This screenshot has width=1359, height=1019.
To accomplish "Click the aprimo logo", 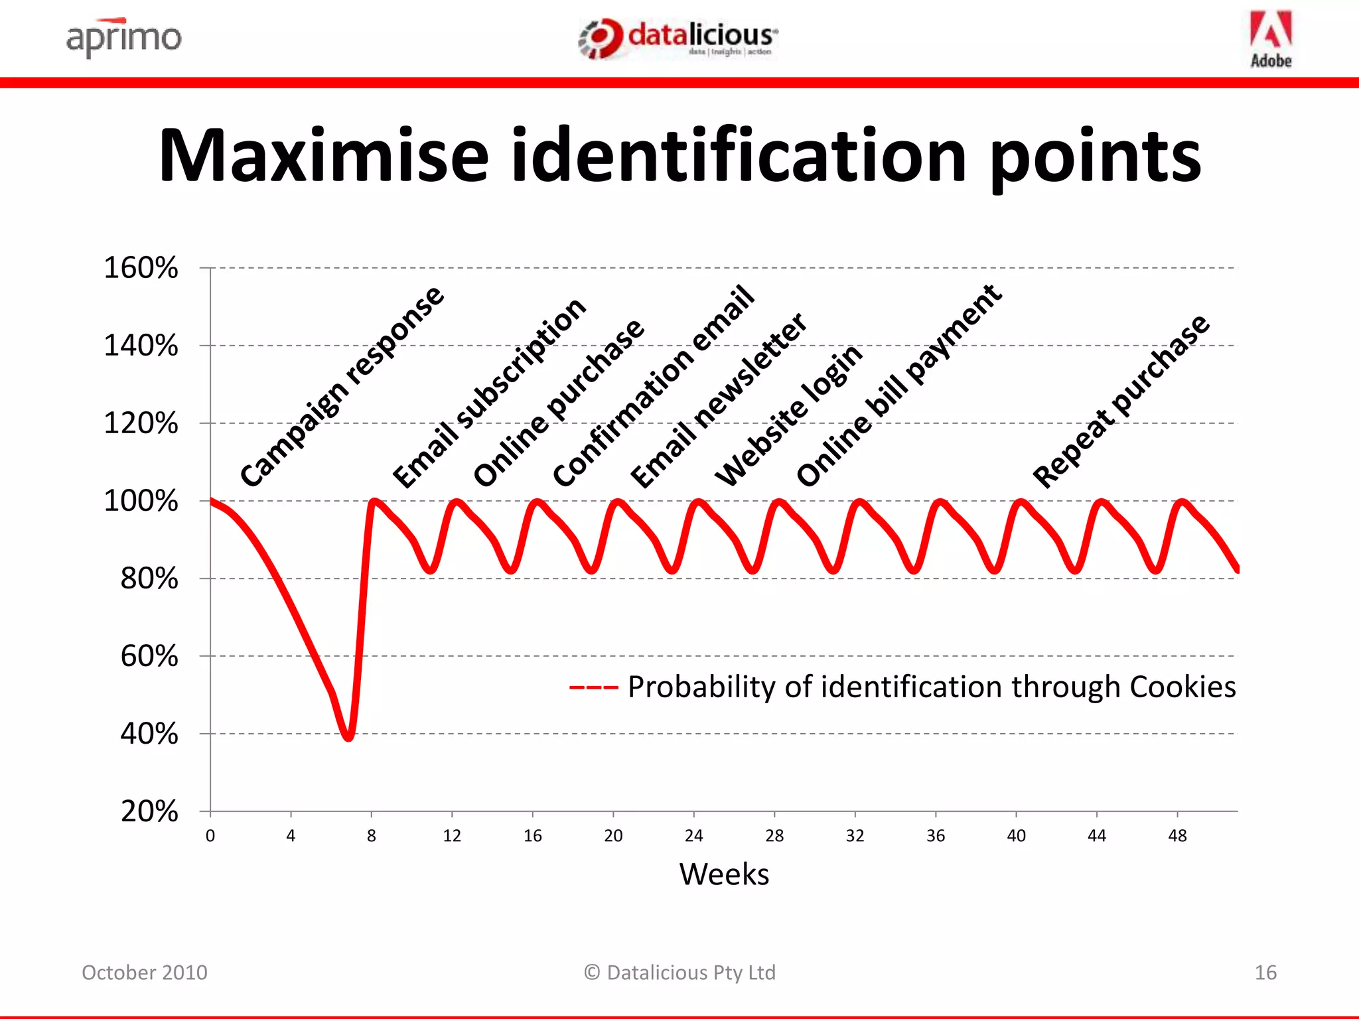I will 123,38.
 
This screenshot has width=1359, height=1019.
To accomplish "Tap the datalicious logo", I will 678,38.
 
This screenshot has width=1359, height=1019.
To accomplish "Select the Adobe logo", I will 1271,40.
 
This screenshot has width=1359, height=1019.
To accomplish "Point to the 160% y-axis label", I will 141,268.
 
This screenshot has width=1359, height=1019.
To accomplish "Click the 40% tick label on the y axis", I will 149,734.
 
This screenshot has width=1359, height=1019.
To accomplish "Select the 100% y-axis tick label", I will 141,501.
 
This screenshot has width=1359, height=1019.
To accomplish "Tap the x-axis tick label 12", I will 452,836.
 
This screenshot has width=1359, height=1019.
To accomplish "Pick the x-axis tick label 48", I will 1177,836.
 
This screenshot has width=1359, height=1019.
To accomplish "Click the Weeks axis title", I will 724,874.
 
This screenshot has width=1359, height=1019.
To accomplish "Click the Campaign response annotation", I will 341,386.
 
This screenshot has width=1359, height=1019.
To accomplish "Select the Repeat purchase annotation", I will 1121,401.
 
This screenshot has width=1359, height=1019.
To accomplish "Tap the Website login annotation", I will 788,415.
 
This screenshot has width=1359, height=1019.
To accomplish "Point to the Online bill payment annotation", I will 898,385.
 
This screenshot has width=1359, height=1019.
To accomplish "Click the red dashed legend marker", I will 593,687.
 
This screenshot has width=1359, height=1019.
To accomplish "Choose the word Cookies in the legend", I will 1182,687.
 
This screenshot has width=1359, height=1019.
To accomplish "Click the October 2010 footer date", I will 145,973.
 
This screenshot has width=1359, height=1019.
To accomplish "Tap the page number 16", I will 1265,973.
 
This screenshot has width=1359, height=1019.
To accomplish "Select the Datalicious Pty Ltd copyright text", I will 680,973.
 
